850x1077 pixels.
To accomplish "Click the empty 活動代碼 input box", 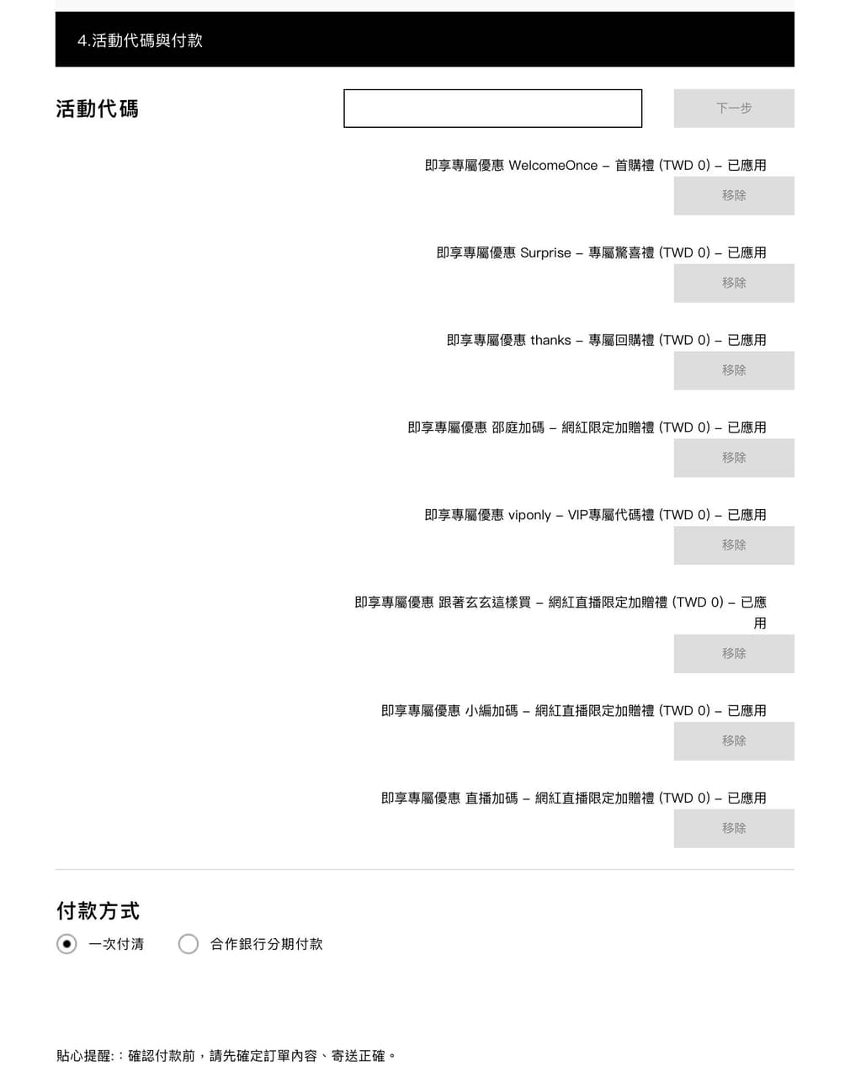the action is pos(492,108).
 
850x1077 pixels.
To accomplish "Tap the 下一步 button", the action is pos(733,108).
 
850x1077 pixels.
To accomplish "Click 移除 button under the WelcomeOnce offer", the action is pos(733,196).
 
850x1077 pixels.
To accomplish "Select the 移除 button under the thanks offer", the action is pos(733,370).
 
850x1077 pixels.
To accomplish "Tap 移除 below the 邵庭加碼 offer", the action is pos(733,458).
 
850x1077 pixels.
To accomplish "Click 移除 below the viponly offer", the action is pos(733,545).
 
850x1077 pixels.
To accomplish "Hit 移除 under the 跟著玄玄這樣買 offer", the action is pos(733,654).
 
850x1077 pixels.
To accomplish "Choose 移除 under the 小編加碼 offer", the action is pos(733,741).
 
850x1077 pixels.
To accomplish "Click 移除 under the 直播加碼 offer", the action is pos(733,829).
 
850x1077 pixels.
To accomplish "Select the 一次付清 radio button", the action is pos(66,944).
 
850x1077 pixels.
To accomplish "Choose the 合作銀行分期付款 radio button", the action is pos(189,944).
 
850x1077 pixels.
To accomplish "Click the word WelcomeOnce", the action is pos(553,165).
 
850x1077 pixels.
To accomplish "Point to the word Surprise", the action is pos(545,252).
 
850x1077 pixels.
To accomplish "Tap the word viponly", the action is pos(529,515).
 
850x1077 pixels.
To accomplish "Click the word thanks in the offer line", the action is pos(550,340).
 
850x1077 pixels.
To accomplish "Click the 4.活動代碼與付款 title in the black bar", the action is pos(141,40).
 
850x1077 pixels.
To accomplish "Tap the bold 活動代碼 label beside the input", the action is pos(97,109).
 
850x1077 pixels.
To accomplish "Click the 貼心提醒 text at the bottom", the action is pos(226,1055).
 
